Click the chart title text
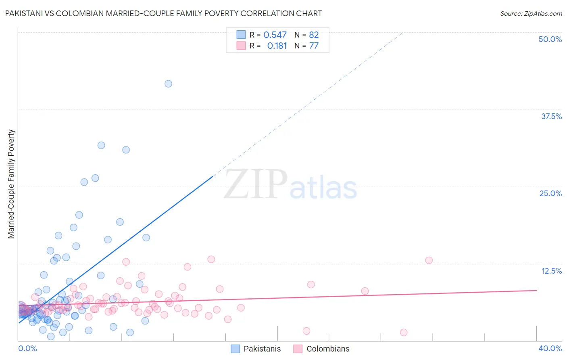click(x=163, y=13)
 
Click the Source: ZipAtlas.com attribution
click(x=531, y=14)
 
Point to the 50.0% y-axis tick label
click(x=550, y=39)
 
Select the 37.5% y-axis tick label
click(x=551, y=116)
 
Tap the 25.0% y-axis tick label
click(x=550, y=193)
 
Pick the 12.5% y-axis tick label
click(x=551, y=271)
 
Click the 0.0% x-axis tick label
click(x=27, y=348)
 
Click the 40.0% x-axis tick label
click(x=550, y=348)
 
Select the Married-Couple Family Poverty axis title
click(x=11, y=184)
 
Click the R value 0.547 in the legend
click(x=275, y=35)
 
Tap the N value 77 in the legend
click(x=314, y=46)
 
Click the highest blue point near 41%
click(x=168, y=84)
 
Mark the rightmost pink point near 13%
click(x=429, y=260)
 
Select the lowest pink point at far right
click(x=404, y=332)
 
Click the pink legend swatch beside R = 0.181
click(x=241, y=46)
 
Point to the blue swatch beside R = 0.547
click(x=241, y=35)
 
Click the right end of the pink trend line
click(x=536, y=290)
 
